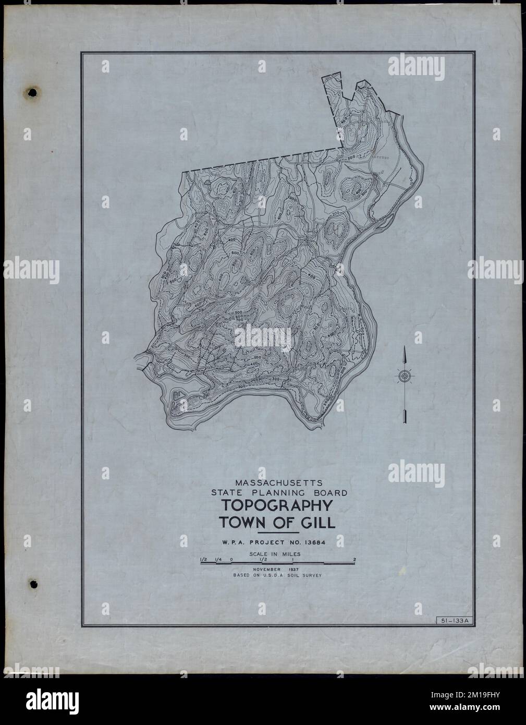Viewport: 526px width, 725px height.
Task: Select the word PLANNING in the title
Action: [277, 493]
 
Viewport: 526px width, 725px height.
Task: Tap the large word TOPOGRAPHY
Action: [277, 506]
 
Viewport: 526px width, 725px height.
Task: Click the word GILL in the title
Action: [317, 523]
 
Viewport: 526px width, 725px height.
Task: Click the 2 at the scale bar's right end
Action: [354, 560]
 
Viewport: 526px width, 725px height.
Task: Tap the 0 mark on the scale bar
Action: [231, 560]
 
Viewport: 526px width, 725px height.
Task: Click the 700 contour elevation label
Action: [239, 319]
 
